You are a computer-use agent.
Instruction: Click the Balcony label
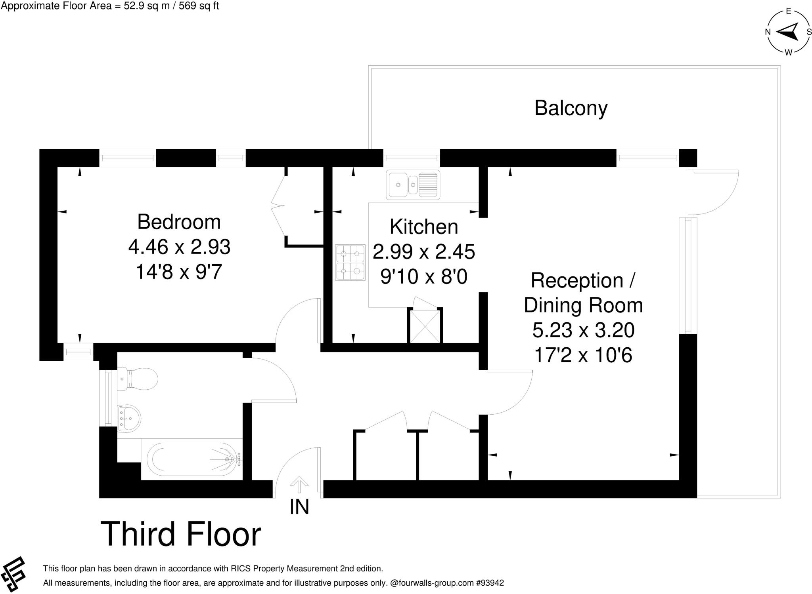pos(571,108)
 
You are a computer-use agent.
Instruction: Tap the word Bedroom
pos(179,222)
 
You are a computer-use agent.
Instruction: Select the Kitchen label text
pos(423,227)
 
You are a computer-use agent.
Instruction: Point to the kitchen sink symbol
pos(413,185)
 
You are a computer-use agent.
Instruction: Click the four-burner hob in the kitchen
pos(350,263)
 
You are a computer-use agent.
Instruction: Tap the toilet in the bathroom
pos(139,379)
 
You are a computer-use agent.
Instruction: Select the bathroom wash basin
pos(129,418)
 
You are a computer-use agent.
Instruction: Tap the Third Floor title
pos(181,534)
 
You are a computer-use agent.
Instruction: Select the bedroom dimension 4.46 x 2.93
pos(179,247)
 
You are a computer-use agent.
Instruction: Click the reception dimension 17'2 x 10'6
pos(583,355)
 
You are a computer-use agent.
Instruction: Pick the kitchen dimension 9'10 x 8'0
pos(423,277)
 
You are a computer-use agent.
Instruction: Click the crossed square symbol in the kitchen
pos(425,327)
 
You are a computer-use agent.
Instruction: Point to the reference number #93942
pos(490,583)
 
